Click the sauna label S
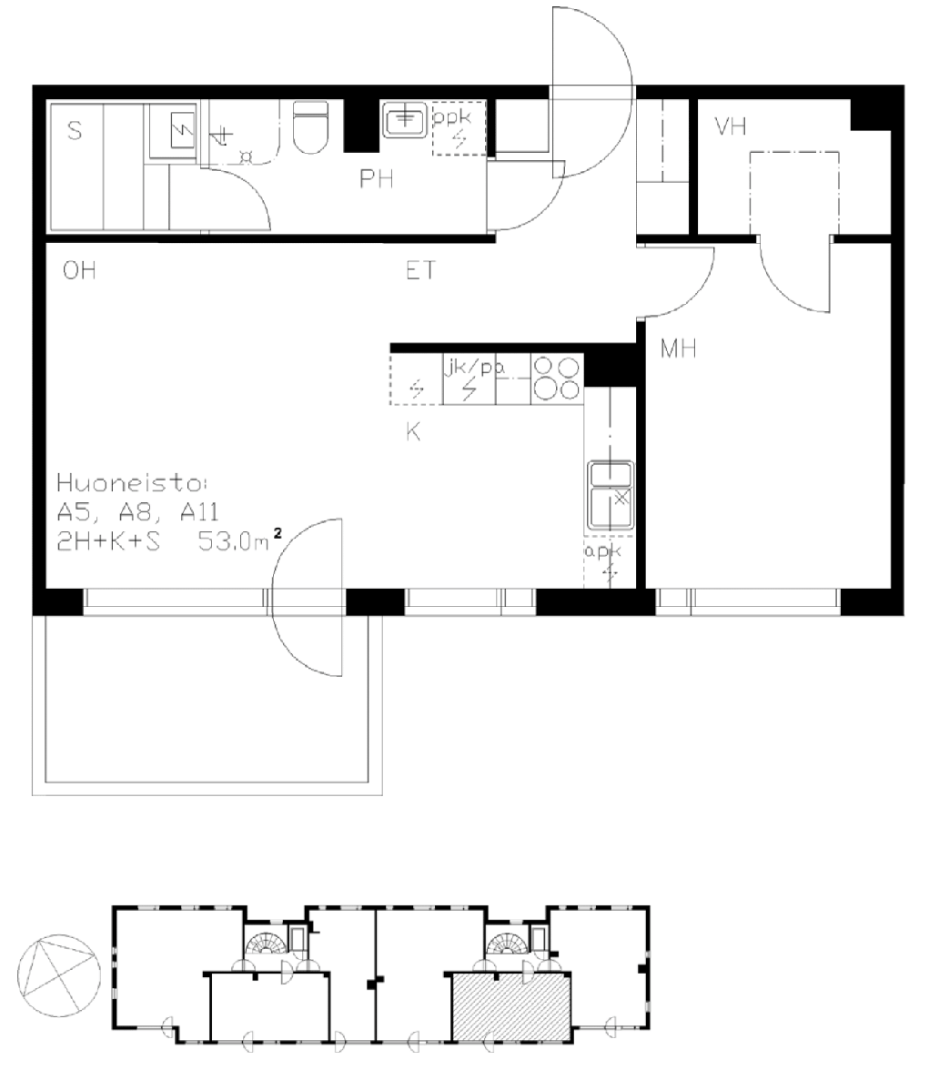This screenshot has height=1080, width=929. point(75,129)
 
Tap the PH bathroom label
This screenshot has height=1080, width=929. point(377,179)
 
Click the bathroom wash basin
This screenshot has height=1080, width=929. point(405,120)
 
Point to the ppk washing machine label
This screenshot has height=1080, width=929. point(451,117)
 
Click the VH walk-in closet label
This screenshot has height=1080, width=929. point(731,126)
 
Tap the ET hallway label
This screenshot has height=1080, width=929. point(420,271)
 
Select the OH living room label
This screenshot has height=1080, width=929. point(79,271)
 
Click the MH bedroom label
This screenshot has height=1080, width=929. point(679,348)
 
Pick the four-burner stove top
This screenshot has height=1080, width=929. point(557,379)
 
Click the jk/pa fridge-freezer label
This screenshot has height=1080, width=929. point(473,367)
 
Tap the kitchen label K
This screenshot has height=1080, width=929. point(413,432)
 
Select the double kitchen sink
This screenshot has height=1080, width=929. point(611,495)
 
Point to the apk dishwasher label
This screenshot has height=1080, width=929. point(602,551)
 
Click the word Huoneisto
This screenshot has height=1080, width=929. point(131,483)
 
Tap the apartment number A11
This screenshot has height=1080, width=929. point(199,511)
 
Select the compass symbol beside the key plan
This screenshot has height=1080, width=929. point(58,975)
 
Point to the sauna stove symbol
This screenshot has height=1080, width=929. point(183,129)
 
